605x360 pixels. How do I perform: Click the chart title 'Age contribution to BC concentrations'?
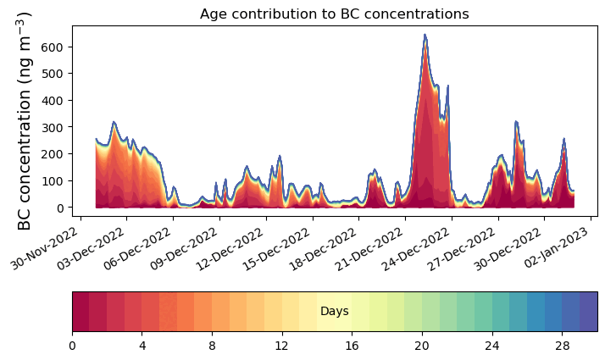pos(334,14)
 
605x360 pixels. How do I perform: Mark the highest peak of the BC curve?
pos(425,36)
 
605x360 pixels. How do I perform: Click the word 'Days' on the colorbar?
pos(334,312)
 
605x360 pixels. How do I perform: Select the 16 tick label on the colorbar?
pos(352,346)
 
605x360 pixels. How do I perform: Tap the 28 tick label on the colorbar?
pos(562,346)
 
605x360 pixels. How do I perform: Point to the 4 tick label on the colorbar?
pos(142,346)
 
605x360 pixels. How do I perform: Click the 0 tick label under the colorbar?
pos(72,346)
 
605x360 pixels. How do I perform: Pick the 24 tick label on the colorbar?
pos(491,346)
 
